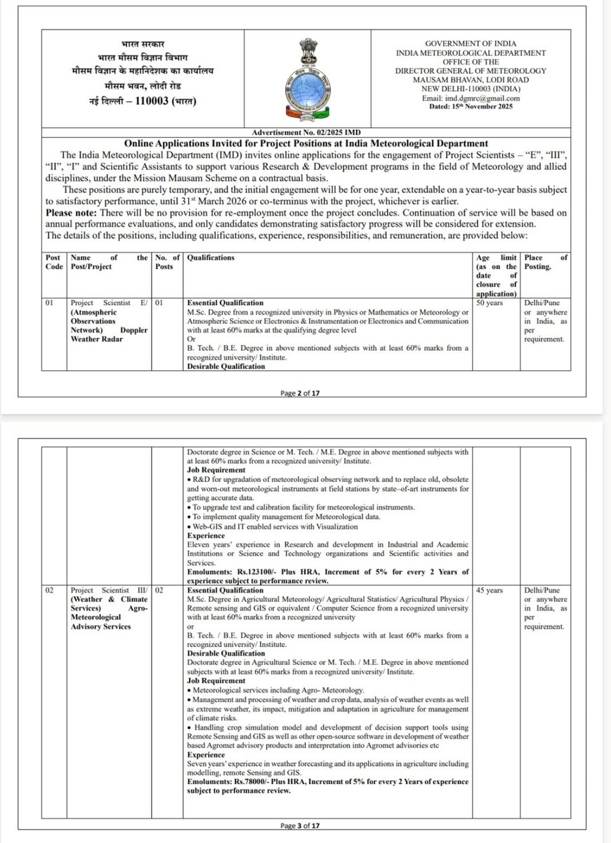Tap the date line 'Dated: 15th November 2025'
click(472, 108)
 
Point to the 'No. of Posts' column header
click(166, 263)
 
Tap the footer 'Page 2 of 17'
click(305, 393)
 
